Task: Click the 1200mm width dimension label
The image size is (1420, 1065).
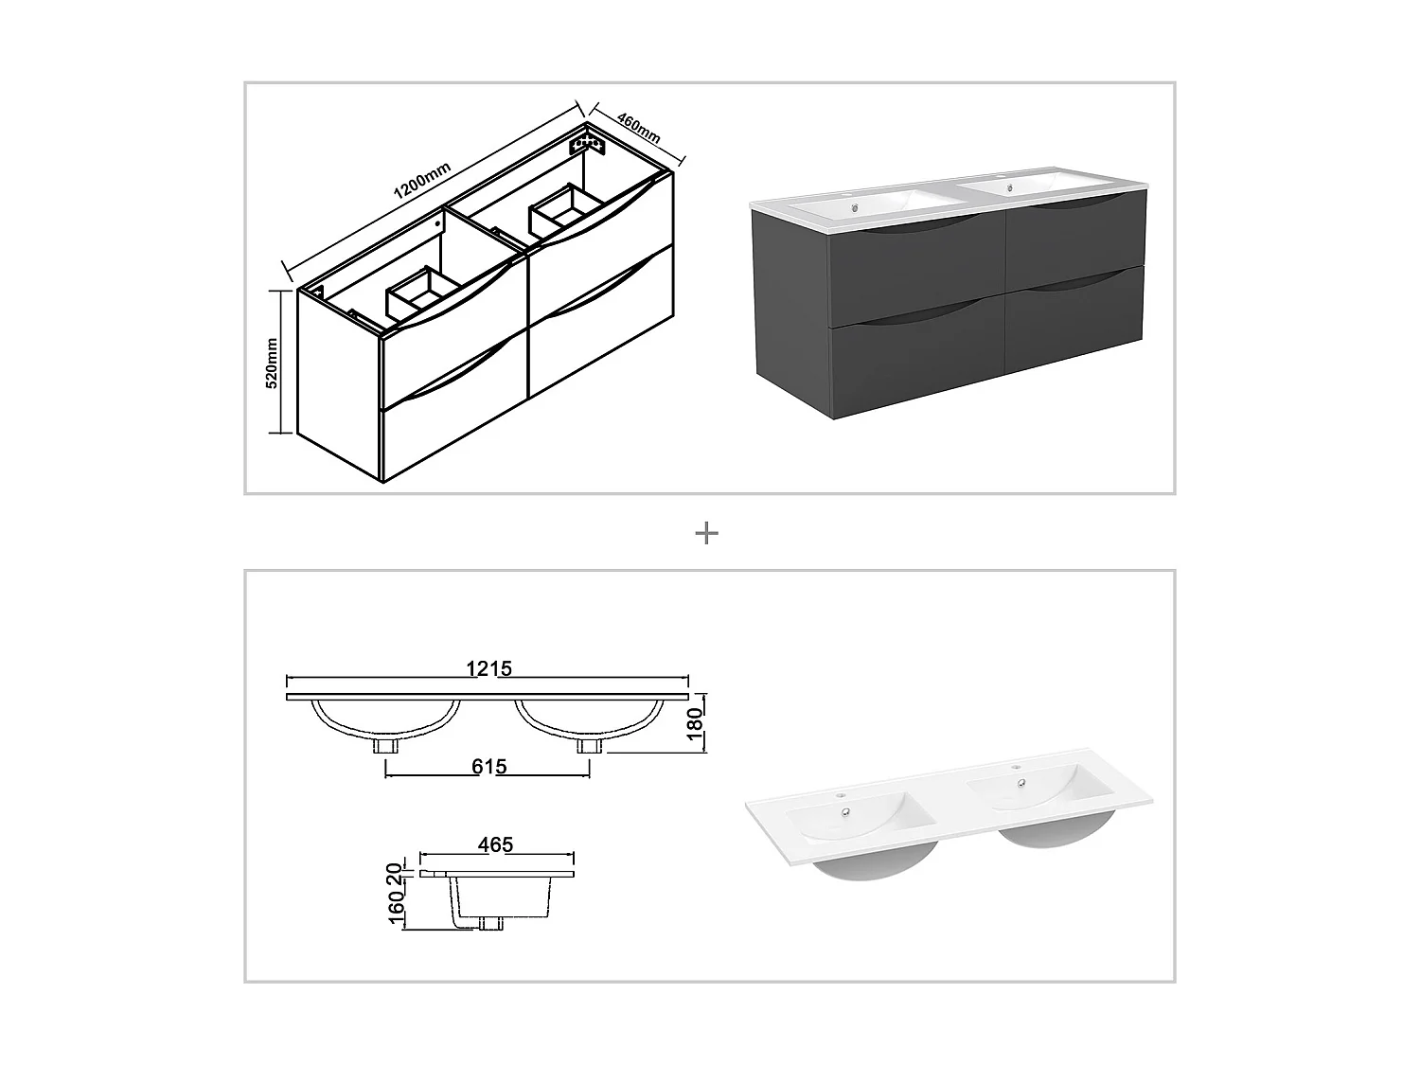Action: pyautogui.click(x=422, y=179)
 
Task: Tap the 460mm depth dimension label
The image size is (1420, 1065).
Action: pyautogui.click(x=638, y=129)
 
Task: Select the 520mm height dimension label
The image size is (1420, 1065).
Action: pyautogui.click(x=272, y=363)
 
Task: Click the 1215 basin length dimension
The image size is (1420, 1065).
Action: pyautogui.click(x=488, y=668)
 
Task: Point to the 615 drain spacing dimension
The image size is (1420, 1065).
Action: pyautogui.click(x=488, y=766)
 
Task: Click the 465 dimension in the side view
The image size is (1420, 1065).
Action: pyautogui.click(x=495, y=843)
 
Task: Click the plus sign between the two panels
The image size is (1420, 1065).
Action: pyautogui.click(x=706, y=534)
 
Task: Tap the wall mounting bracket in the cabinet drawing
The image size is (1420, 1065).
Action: pyautogui.click(x=587, y=144)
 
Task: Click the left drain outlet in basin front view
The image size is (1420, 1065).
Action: pyautogui.click(x=384, y=746)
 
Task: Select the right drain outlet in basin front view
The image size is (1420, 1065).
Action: pyautogui.click(x=589, y=746)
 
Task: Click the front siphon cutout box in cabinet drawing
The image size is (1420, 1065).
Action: pyautogui.click(x=422, y=293)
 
